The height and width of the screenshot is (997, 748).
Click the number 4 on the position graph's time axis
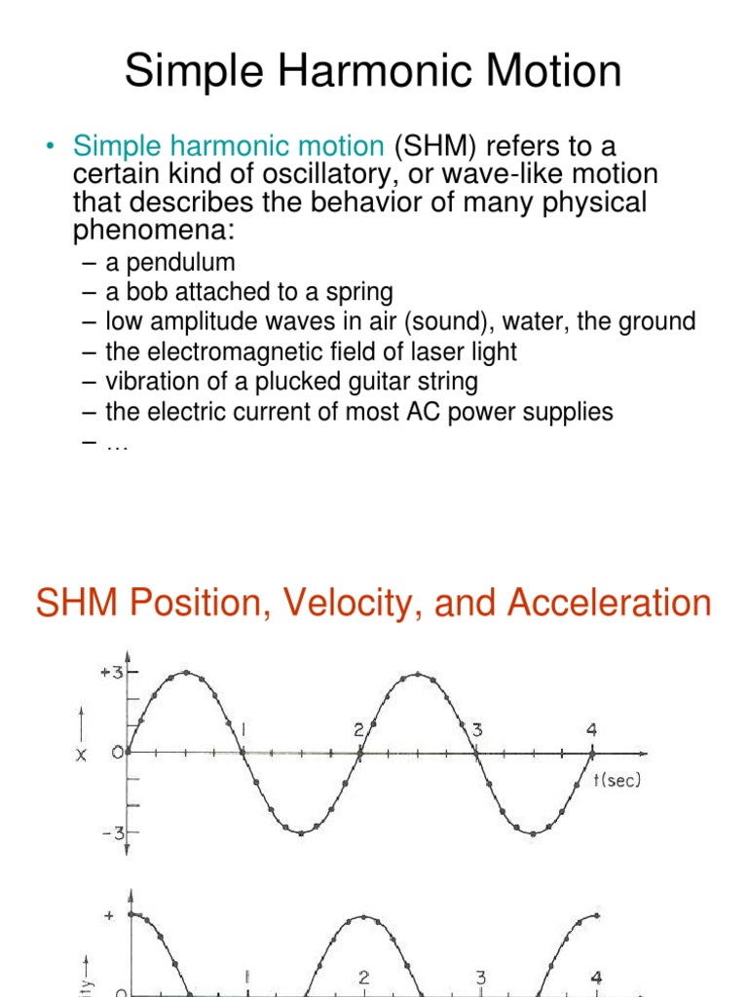pyautogui.click(x=591, y=728)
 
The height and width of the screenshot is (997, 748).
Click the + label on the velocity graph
pyautogui.click(x=108, y=916)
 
